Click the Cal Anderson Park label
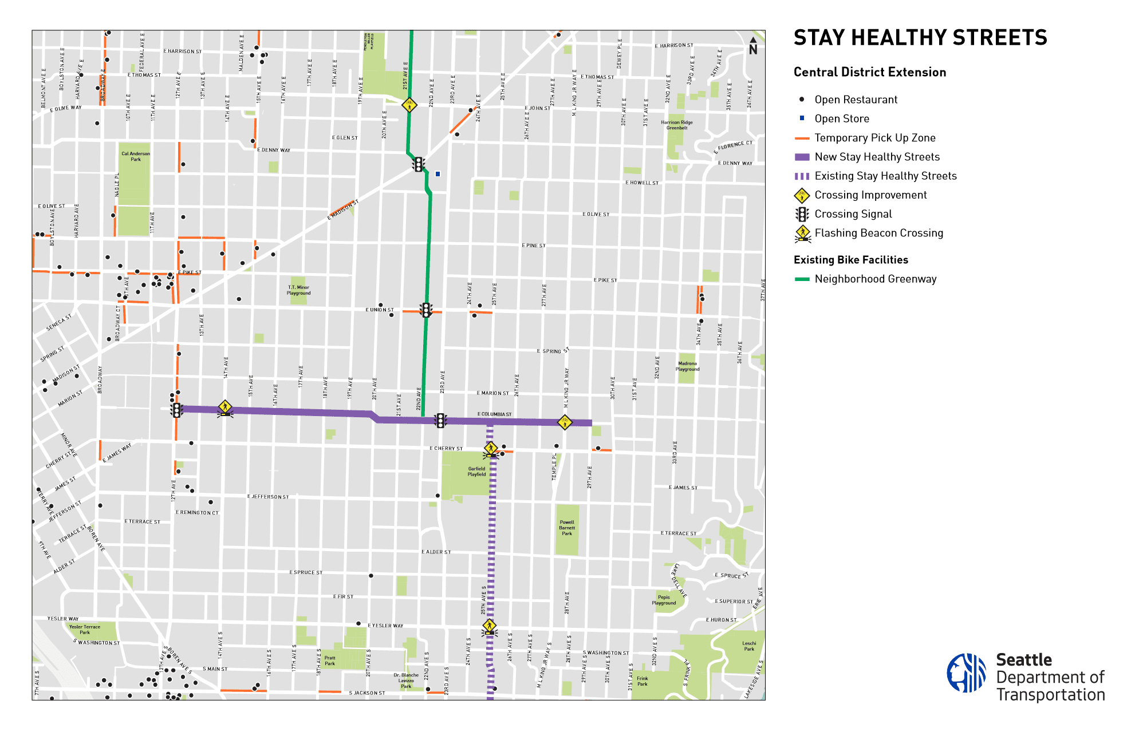136,156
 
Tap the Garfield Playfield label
476,472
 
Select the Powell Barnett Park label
567,528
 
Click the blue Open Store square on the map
438,174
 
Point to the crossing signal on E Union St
426,310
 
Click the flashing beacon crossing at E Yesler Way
489,627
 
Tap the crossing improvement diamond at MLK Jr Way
565,422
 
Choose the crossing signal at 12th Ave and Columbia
176,410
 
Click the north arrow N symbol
753,47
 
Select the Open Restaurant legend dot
802,100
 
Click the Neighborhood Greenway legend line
802,279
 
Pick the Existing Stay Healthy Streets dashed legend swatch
802,176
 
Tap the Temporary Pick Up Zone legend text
874,138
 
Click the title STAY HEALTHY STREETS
920,38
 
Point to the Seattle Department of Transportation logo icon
966,673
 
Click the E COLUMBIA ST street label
494,414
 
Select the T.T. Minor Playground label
298,290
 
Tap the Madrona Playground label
687,366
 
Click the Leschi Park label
749,646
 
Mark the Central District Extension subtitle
869,72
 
